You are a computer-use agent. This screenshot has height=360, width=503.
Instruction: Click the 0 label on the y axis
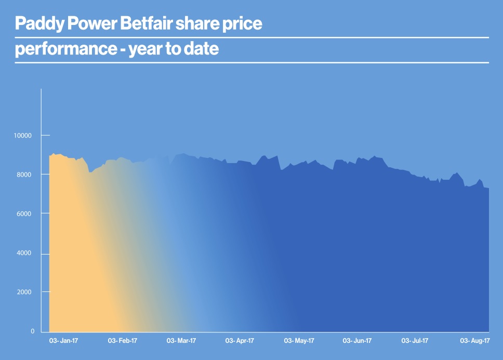pyautogui.click(x=32, y=331)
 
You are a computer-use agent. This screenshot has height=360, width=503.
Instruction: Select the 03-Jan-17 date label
pyautogui.click(x=63, y=341)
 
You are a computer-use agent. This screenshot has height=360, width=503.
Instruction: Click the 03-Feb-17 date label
pyautogui.click(x=122, y=341)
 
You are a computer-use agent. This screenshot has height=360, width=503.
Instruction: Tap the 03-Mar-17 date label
pyautogui.click(x=181, y=341)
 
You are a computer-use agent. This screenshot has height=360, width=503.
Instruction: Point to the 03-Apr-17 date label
pyautogui.click(x=240, y=341)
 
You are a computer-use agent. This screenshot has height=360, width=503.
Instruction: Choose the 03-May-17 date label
pyautogui.click(x=299, y=341)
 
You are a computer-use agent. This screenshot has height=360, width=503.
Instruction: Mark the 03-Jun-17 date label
pyautogui.click(x=357, y=341)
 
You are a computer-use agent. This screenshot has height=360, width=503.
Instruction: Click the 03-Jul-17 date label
pyautogui.click(x=415, y=341)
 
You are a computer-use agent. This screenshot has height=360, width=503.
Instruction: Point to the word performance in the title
pyautogui.click(x=64, y=50)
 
